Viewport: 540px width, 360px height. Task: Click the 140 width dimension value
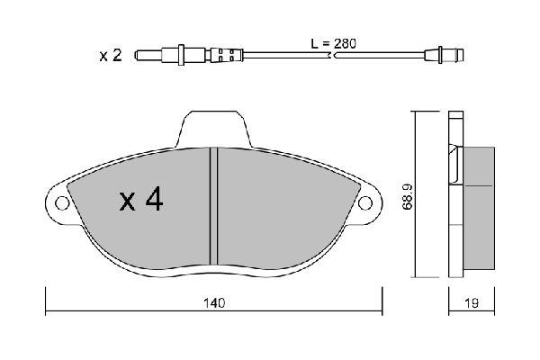214,303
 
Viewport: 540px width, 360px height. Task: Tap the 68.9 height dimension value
408,197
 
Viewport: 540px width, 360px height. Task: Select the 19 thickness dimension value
472,303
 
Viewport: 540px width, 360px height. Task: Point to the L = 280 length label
333,44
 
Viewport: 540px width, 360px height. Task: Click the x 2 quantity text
111,56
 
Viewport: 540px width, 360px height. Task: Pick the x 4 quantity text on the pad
141,199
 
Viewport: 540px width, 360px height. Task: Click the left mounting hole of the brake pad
62,202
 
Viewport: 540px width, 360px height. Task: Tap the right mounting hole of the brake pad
365,202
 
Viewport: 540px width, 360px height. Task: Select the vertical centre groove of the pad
214,206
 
